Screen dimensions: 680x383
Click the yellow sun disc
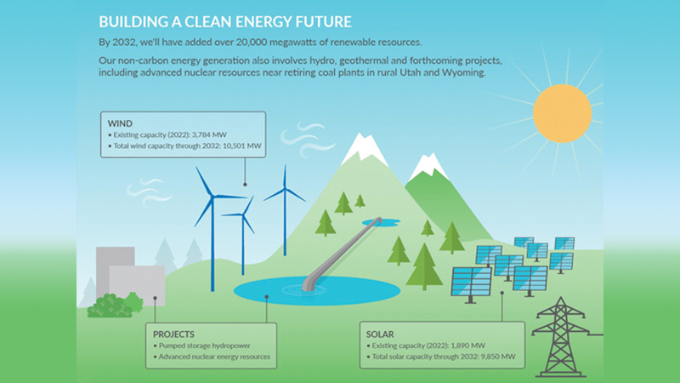pos(562,113)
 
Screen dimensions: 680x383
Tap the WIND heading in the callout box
pos(120,123)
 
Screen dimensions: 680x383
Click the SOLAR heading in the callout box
pos(380,334)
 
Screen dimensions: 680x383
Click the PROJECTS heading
pos(173,334)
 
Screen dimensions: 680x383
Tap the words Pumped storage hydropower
pos(205,346)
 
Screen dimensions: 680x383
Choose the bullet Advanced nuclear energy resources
pos(212,357)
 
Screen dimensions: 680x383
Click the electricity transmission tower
pos(561,337)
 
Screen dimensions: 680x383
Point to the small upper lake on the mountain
pos(381,222)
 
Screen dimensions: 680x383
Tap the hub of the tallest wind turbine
pos(212,197)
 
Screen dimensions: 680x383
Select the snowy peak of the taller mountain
pos(364,147)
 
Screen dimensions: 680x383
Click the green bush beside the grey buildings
pos(115,306)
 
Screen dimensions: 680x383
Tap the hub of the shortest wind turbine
pos(242,214)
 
